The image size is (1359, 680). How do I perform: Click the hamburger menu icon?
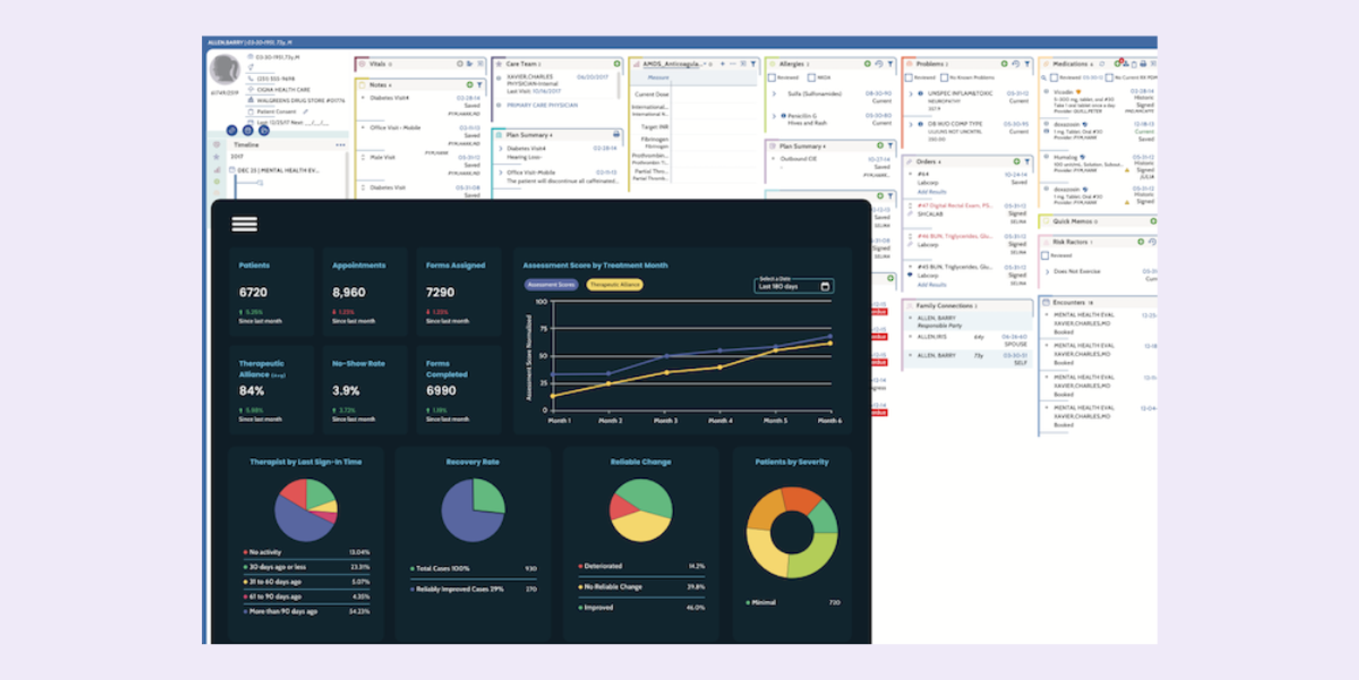pos(244,224)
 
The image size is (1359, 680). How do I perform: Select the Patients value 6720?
pos(253,292)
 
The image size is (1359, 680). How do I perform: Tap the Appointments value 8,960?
pos(349,292)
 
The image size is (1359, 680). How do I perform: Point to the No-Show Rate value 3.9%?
pos(346,391)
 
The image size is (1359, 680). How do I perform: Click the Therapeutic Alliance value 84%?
pos(251,391)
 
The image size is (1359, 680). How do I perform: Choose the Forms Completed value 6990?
pos(441,391)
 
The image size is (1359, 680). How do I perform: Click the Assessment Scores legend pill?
pos(551,285)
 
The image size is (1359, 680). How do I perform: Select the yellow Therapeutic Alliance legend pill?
pos(614,285)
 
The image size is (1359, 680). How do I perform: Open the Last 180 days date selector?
pos(794,286)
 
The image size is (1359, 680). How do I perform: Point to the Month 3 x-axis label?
pos(665,421)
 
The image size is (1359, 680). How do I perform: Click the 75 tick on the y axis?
pos(544,328)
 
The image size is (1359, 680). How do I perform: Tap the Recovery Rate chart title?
pos(472,462)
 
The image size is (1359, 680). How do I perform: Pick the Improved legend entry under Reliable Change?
pos(599,607)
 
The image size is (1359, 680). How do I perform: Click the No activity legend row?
pos(265,552)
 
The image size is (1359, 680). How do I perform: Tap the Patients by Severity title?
pos(792,462)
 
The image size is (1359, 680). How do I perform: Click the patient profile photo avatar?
pos(225,70)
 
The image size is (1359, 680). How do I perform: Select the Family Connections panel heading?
pos(946,306)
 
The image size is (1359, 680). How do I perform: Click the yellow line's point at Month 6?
pos(830,343)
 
